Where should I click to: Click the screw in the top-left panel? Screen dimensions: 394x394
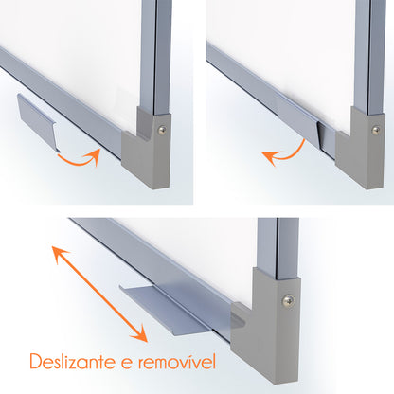162,130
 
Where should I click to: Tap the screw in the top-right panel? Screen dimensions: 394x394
376,131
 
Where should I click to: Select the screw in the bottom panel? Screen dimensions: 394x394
288,300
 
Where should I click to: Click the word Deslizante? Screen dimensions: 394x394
72,361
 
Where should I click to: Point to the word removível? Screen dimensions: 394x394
177,361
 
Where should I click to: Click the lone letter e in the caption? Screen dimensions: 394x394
126,364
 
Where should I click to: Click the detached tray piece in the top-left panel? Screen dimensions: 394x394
37,121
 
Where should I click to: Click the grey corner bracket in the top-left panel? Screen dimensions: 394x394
147,150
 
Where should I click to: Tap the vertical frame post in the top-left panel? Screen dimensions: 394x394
156,57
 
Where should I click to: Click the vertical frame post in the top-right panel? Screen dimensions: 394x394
370,57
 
